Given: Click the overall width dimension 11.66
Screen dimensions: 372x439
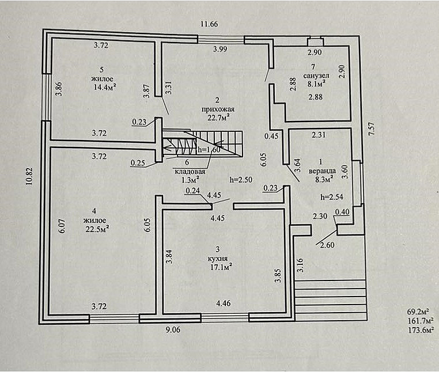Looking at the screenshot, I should click(209, 24).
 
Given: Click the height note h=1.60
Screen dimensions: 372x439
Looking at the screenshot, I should click(209, 150).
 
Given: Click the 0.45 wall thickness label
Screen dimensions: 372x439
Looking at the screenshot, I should click(271, 136).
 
